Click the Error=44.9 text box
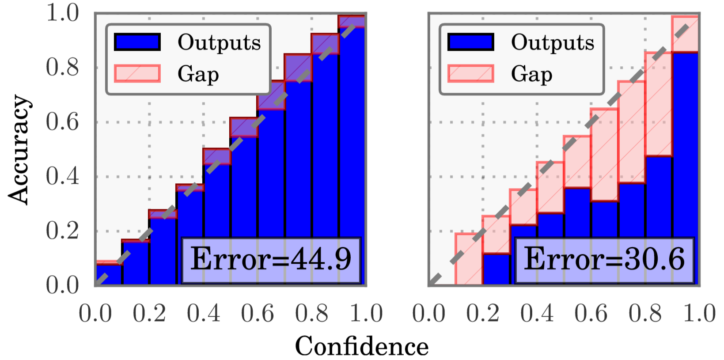[x=271, y=260]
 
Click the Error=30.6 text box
[x=604, y=260]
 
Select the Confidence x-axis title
[x=361, y=346]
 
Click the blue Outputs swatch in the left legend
[x=137, y=42]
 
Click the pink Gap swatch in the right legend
[x=470, y=73]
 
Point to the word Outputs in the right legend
[x=553, y=42]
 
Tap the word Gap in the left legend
[x=198, y=74]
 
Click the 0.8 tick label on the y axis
[x=62, y=68]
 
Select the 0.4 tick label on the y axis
[x=62, y=176]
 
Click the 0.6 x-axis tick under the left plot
[x=258, y=313]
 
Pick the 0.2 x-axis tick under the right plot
[x=482, y=313]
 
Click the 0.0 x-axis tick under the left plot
[x=95, y=313]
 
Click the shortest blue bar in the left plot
[x=109, y=275]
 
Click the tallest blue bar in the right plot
[x=686, y=168]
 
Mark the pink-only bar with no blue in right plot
[x=469, y=259]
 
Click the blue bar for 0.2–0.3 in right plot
[x=496, y=269]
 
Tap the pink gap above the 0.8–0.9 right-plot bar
[x=658, y=104]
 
